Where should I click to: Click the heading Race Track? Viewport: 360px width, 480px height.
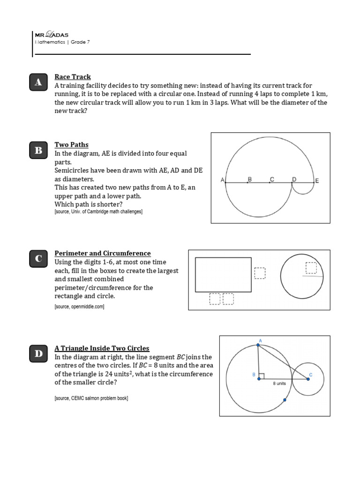(x=73, y=77)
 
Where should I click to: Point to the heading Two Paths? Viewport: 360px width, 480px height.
(x=71, y=145)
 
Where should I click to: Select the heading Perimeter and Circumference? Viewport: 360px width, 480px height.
(x=103, y=254)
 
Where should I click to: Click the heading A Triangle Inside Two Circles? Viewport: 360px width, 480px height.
(x=102, y=348)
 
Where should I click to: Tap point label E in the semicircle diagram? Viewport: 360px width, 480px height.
(x=317, y=180)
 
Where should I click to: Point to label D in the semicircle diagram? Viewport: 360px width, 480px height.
(x=294, y=179)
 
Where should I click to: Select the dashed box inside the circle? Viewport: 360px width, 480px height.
(x=311, y=268)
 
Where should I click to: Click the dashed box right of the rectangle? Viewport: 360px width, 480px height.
(x=260, y=273)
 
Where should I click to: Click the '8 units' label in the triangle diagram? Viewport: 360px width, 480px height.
(x=279, y=383)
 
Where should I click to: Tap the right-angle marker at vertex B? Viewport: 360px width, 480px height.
(x=262, y=375)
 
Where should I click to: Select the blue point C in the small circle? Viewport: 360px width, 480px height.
(x=308, y=379)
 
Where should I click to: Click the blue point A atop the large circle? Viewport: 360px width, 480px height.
(x=258, y=345)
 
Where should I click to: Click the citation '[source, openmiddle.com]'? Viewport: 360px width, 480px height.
(x=79, y=307)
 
